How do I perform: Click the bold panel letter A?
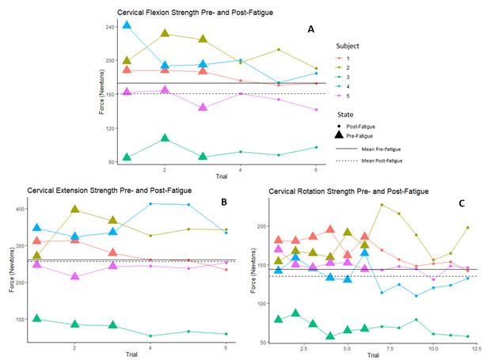point(312,29)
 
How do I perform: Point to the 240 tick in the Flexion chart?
point(108,27)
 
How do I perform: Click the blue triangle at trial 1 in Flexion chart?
point(127,26)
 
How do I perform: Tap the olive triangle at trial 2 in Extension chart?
point(75,210)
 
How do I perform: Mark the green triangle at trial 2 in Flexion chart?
point(165,138)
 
